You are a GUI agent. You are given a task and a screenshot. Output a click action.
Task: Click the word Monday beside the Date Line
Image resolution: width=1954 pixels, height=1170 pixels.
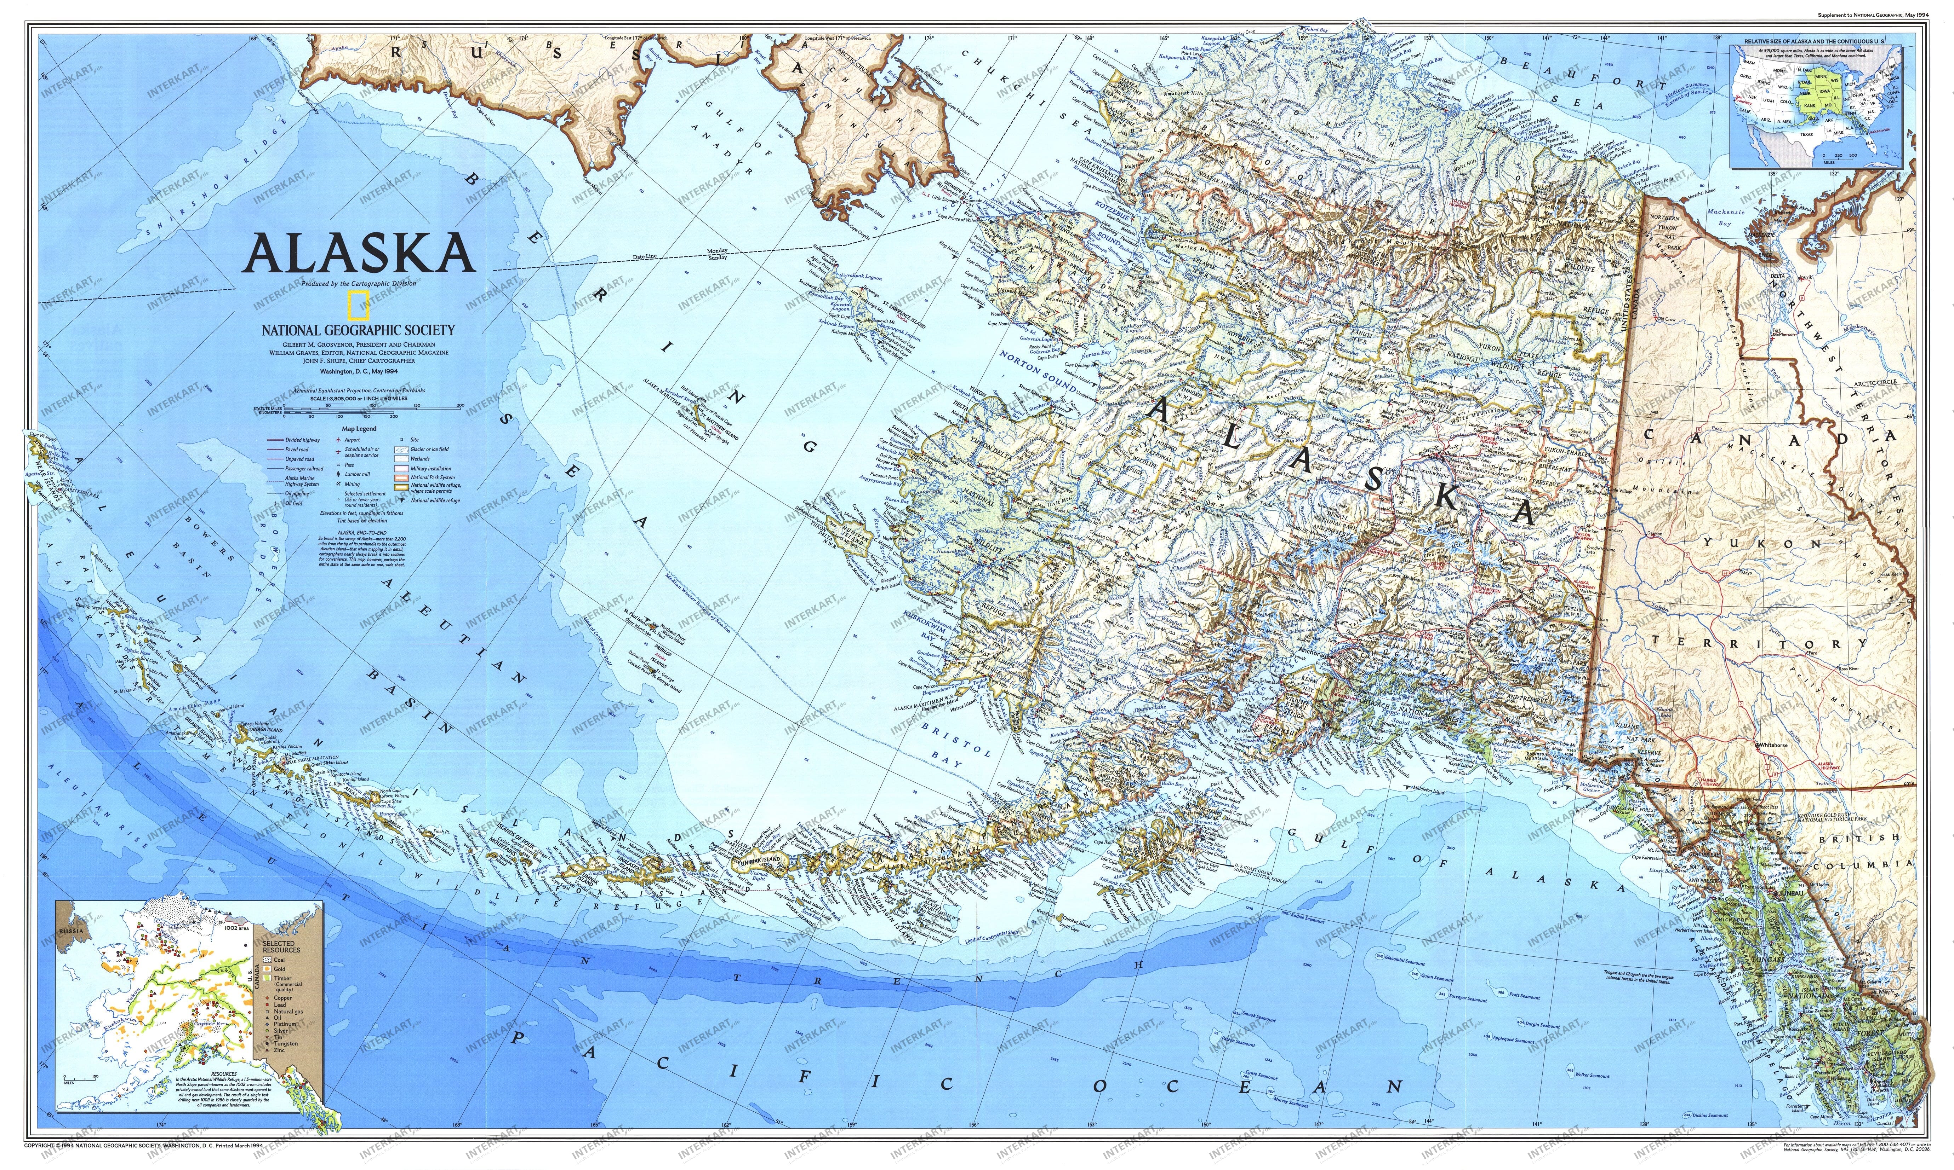716,250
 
